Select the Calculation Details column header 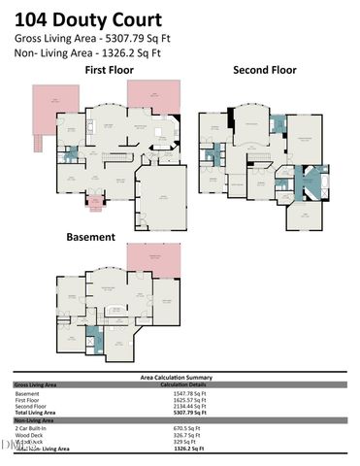coord(184,384)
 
